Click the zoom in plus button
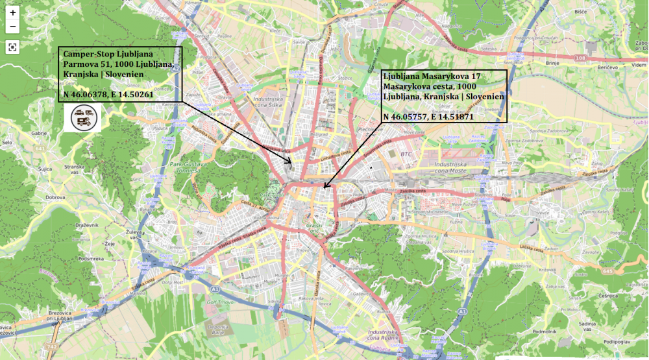[x=13, y=13]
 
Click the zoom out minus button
[x=13, y=27]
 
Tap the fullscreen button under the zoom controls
[x=13, y=47]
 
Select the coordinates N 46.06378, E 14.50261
[x=108, y=95]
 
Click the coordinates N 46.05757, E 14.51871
[x=428, y=117]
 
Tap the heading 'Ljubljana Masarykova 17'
[x=431, y=76]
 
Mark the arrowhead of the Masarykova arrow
[x=324, y=187]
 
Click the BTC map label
[x=407, y=154]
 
